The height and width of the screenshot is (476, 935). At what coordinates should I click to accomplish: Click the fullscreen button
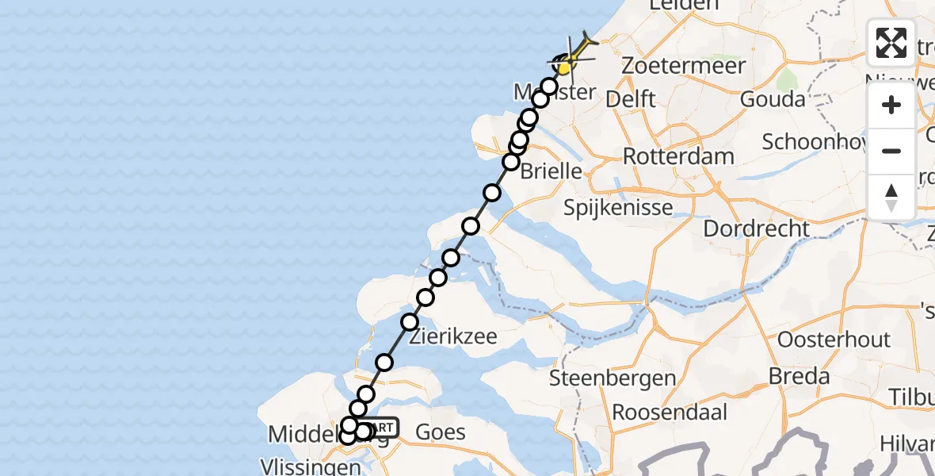(891, 43)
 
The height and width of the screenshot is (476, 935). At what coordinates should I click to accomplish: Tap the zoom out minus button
(891, 151)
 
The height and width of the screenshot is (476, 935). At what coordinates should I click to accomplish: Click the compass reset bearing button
(891, 197)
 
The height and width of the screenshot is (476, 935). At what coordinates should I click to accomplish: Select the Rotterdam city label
(678, 155)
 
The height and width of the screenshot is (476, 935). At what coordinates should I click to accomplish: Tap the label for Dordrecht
(758, 228)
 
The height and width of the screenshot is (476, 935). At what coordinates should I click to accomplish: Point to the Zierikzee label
(453, 336)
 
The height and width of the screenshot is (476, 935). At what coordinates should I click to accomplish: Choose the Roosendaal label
(670, 413)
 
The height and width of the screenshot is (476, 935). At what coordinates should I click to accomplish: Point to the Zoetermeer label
(683, 65)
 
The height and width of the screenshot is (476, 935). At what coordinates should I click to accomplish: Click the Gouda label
(773, 99)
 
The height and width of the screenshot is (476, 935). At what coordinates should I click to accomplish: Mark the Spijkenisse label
(618, 208)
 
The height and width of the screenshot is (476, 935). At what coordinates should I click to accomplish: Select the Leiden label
(677, 6)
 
